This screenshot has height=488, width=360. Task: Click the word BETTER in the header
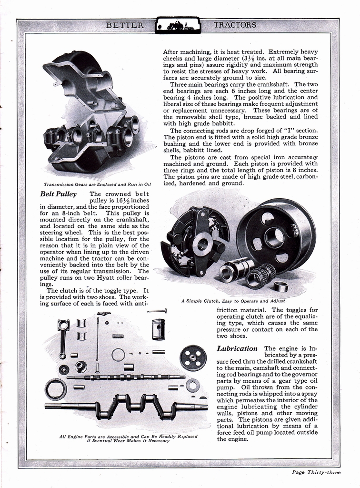(125, 25)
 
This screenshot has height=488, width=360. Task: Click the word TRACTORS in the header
(235, 25)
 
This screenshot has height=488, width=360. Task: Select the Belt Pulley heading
(59, 194)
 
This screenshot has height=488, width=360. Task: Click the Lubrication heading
(237, 348)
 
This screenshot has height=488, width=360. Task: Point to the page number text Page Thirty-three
(316, 472)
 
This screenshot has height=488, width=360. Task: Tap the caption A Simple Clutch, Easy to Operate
(233, 301)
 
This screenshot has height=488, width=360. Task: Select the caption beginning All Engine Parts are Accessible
(128, 438)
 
